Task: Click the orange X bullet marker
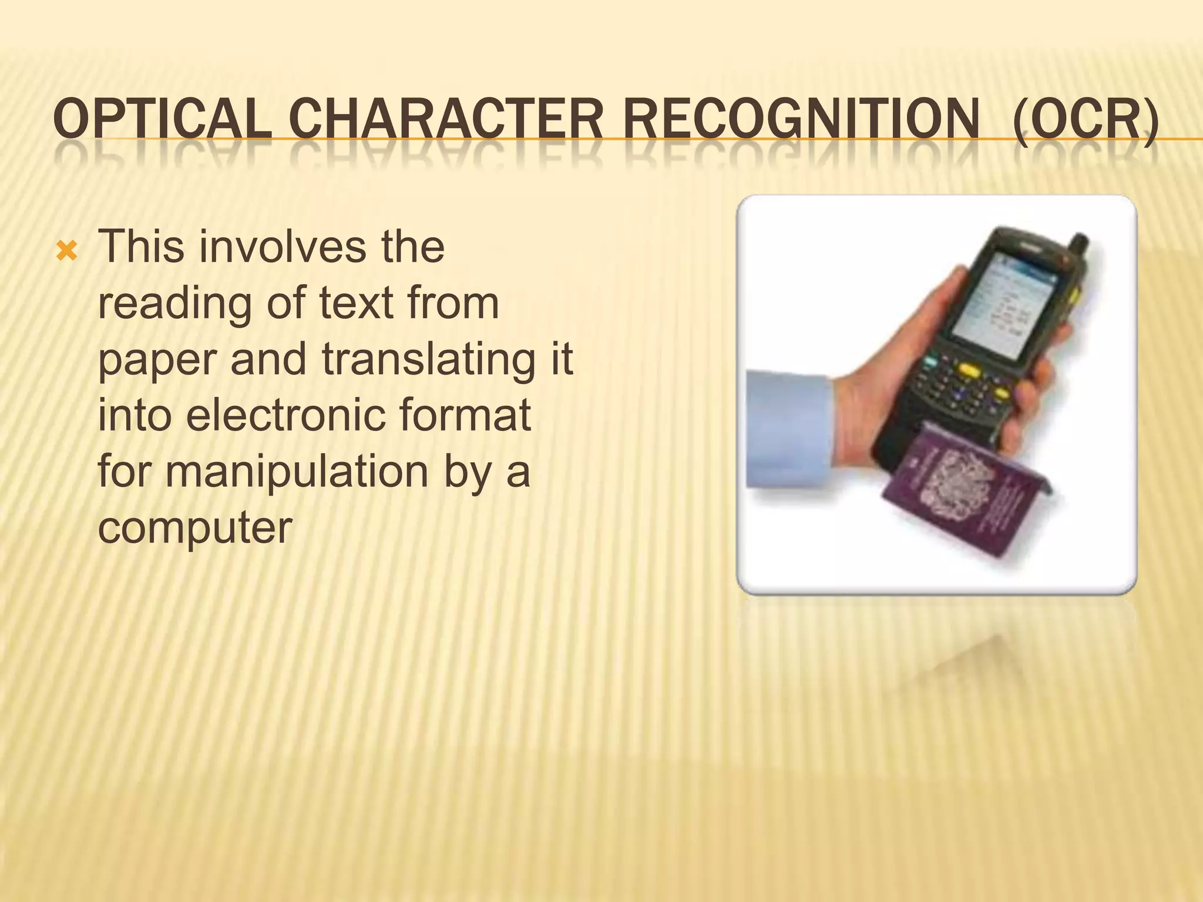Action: click(x=66, y=251)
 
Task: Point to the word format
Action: click(x=464, y=415)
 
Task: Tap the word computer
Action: click(x=195, y=527)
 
